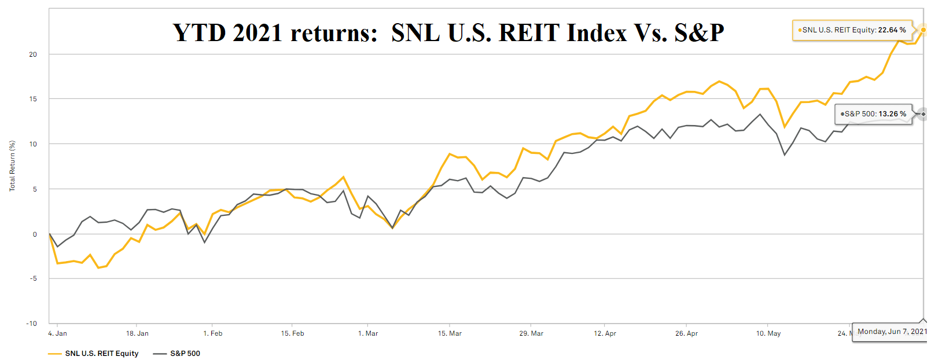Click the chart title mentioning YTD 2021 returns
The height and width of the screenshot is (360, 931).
click(448, 32)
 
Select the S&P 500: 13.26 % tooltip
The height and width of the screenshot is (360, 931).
click(874, 114)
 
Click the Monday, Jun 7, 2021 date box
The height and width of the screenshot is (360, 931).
click(891, 332)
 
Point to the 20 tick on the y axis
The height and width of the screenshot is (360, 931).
click(33, 54)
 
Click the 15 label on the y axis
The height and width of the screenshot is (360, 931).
click(33, 99)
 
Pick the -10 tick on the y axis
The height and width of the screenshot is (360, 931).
click(32, 324)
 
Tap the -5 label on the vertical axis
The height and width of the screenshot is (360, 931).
click(33, 278)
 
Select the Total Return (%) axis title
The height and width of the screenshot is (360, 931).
click(12, 166)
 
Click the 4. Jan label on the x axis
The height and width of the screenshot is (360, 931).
click(57, 333)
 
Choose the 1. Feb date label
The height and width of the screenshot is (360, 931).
click(213, 333)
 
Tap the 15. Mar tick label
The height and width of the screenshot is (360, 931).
click(450, 333)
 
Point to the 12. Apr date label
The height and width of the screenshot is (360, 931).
click(605, 333)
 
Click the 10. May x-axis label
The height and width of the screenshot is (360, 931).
click(768, 333)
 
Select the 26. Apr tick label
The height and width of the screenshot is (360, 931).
click(686, 333)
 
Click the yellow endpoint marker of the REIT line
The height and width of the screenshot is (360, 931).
click(923, 30)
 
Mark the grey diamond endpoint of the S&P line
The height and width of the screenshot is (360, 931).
click(923, 114)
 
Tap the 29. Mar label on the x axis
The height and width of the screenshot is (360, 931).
click(531, 333)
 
